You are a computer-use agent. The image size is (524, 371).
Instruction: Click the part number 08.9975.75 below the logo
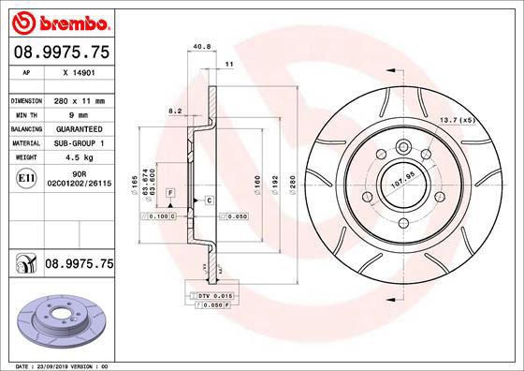pyautogui.click(x=62, y=53)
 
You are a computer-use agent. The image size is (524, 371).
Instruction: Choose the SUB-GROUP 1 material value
pyautogui.click(x=78, y=143)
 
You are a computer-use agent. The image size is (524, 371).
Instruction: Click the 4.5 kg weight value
pyautogui.click(x=78, y=158)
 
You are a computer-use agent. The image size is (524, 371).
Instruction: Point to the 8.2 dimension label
pyautogui.click(x=174, y=111)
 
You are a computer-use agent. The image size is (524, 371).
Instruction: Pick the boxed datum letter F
pyautogui.click(x=171, y=191)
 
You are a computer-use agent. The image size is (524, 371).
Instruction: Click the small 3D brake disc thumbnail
pyautogui.click(x=60, y=317)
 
